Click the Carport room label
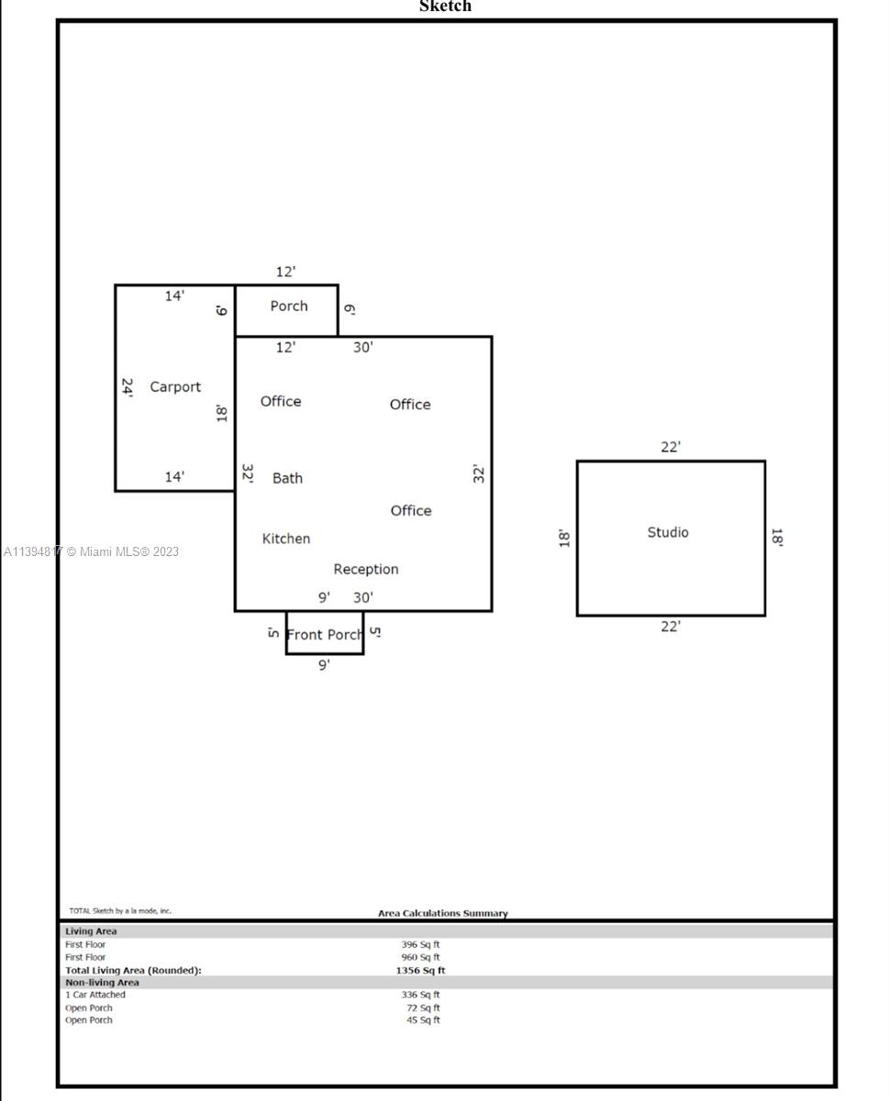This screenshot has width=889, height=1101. pos(175,386)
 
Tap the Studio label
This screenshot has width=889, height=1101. pos(668,532)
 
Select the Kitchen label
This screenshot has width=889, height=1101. pos(286,538)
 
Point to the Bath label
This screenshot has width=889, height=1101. pos(287,478)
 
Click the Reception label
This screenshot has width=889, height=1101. pos(366,569)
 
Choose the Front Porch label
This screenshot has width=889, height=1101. pos(324,634)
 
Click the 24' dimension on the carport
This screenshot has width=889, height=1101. pos(128,388)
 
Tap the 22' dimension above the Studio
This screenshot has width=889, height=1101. pos(671,447)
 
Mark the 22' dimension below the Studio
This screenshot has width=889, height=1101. pos(671,627)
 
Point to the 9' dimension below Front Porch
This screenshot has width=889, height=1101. pos(324,664)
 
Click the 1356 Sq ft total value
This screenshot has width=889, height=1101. pos(420,970)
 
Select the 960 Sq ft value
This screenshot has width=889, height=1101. pos(420,957)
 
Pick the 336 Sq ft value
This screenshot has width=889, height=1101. pos(420,994)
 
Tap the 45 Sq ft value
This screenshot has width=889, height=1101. pos(423,1020)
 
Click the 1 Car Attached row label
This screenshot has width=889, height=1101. pos(95,994)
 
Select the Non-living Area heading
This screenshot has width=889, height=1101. pos(102,982)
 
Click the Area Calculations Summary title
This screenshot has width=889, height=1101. pos(442,913)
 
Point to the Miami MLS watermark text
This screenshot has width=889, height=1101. pos(91,551)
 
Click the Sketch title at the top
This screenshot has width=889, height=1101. pos(445,6)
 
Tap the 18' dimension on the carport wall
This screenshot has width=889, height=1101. pos(222,413)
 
